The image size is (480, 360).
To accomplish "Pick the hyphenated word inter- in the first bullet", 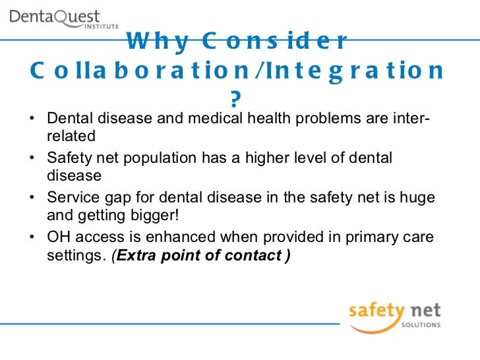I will pos(415,120).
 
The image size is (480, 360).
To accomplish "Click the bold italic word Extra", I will pos(136,255).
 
